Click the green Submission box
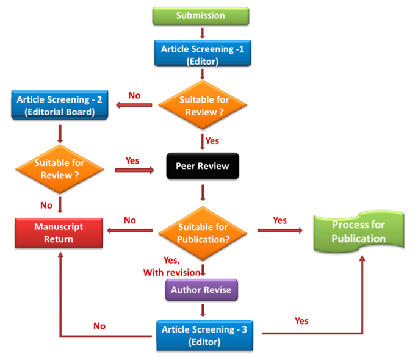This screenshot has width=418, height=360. [x=201, y=15]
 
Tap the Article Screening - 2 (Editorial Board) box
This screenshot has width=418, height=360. [x=59, y=105]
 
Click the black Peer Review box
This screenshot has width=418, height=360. [x=202, y=165]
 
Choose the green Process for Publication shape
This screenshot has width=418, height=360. [x=358, y=231]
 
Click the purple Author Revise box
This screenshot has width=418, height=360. [x=201, y=290]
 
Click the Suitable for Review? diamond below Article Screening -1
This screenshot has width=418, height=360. [x=203, y=106]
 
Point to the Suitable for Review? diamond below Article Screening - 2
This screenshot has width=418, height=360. [x=59, y=170]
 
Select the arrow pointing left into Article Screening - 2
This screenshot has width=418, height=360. [x=134, y=106]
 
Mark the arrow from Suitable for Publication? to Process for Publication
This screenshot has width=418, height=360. [x=280, y=231]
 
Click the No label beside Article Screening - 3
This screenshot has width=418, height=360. [x=99, y=326]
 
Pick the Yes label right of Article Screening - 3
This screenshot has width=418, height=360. [x=301, y=320]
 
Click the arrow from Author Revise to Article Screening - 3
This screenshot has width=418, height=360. [x=201, y=310]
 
